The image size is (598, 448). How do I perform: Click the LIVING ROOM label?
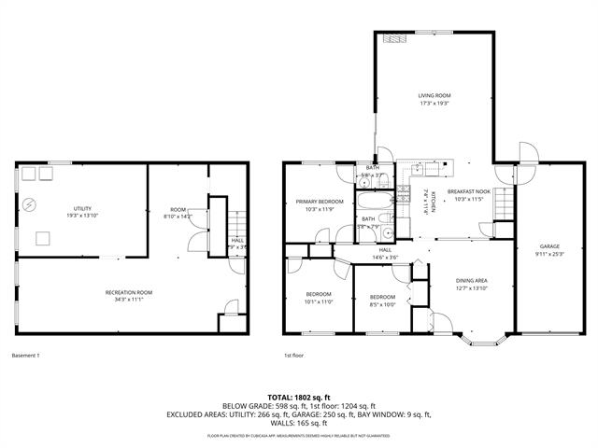434,95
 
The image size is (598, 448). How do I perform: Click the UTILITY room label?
82,208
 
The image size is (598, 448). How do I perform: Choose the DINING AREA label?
471,280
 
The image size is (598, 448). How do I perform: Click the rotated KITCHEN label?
425,201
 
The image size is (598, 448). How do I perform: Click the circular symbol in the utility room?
31,203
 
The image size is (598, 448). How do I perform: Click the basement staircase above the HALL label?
237,224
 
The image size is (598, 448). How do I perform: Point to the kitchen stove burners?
405,193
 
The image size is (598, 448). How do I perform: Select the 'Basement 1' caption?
26,355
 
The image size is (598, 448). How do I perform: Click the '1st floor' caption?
294,355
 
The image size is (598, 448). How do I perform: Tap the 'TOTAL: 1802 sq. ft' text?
299,397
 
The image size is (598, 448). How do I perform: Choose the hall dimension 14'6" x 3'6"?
385,257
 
